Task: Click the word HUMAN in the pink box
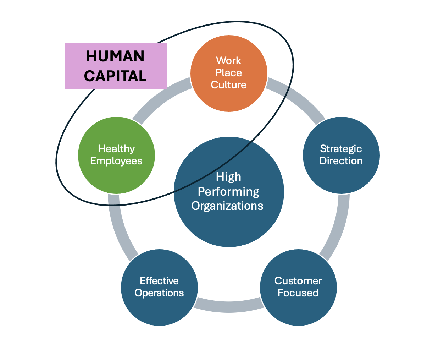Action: (x=115, y=56)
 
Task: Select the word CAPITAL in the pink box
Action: (x=115, y=76)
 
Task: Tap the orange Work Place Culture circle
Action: (x=229, y=96)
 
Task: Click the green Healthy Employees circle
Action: (x=116, y=174)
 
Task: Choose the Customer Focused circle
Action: (x=298, y=309)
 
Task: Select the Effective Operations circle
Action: (x=159, y=309)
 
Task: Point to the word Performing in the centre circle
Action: (x=228, y=192)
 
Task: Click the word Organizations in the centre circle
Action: (x=227, y=206)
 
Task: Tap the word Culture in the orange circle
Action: (x=229, y=85)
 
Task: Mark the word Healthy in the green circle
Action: (x=116, y=149)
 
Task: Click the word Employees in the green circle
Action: (x=116, y=161)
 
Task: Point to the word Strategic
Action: (x=341, y=149)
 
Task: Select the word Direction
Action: (x=341, y=161)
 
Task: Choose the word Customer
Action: (x=298, y=281)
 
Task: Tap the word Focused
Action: (x=298, y=293)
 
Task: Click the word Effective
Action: (x=159, y=281)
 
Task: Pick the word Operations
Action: (x=159, y=293)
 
